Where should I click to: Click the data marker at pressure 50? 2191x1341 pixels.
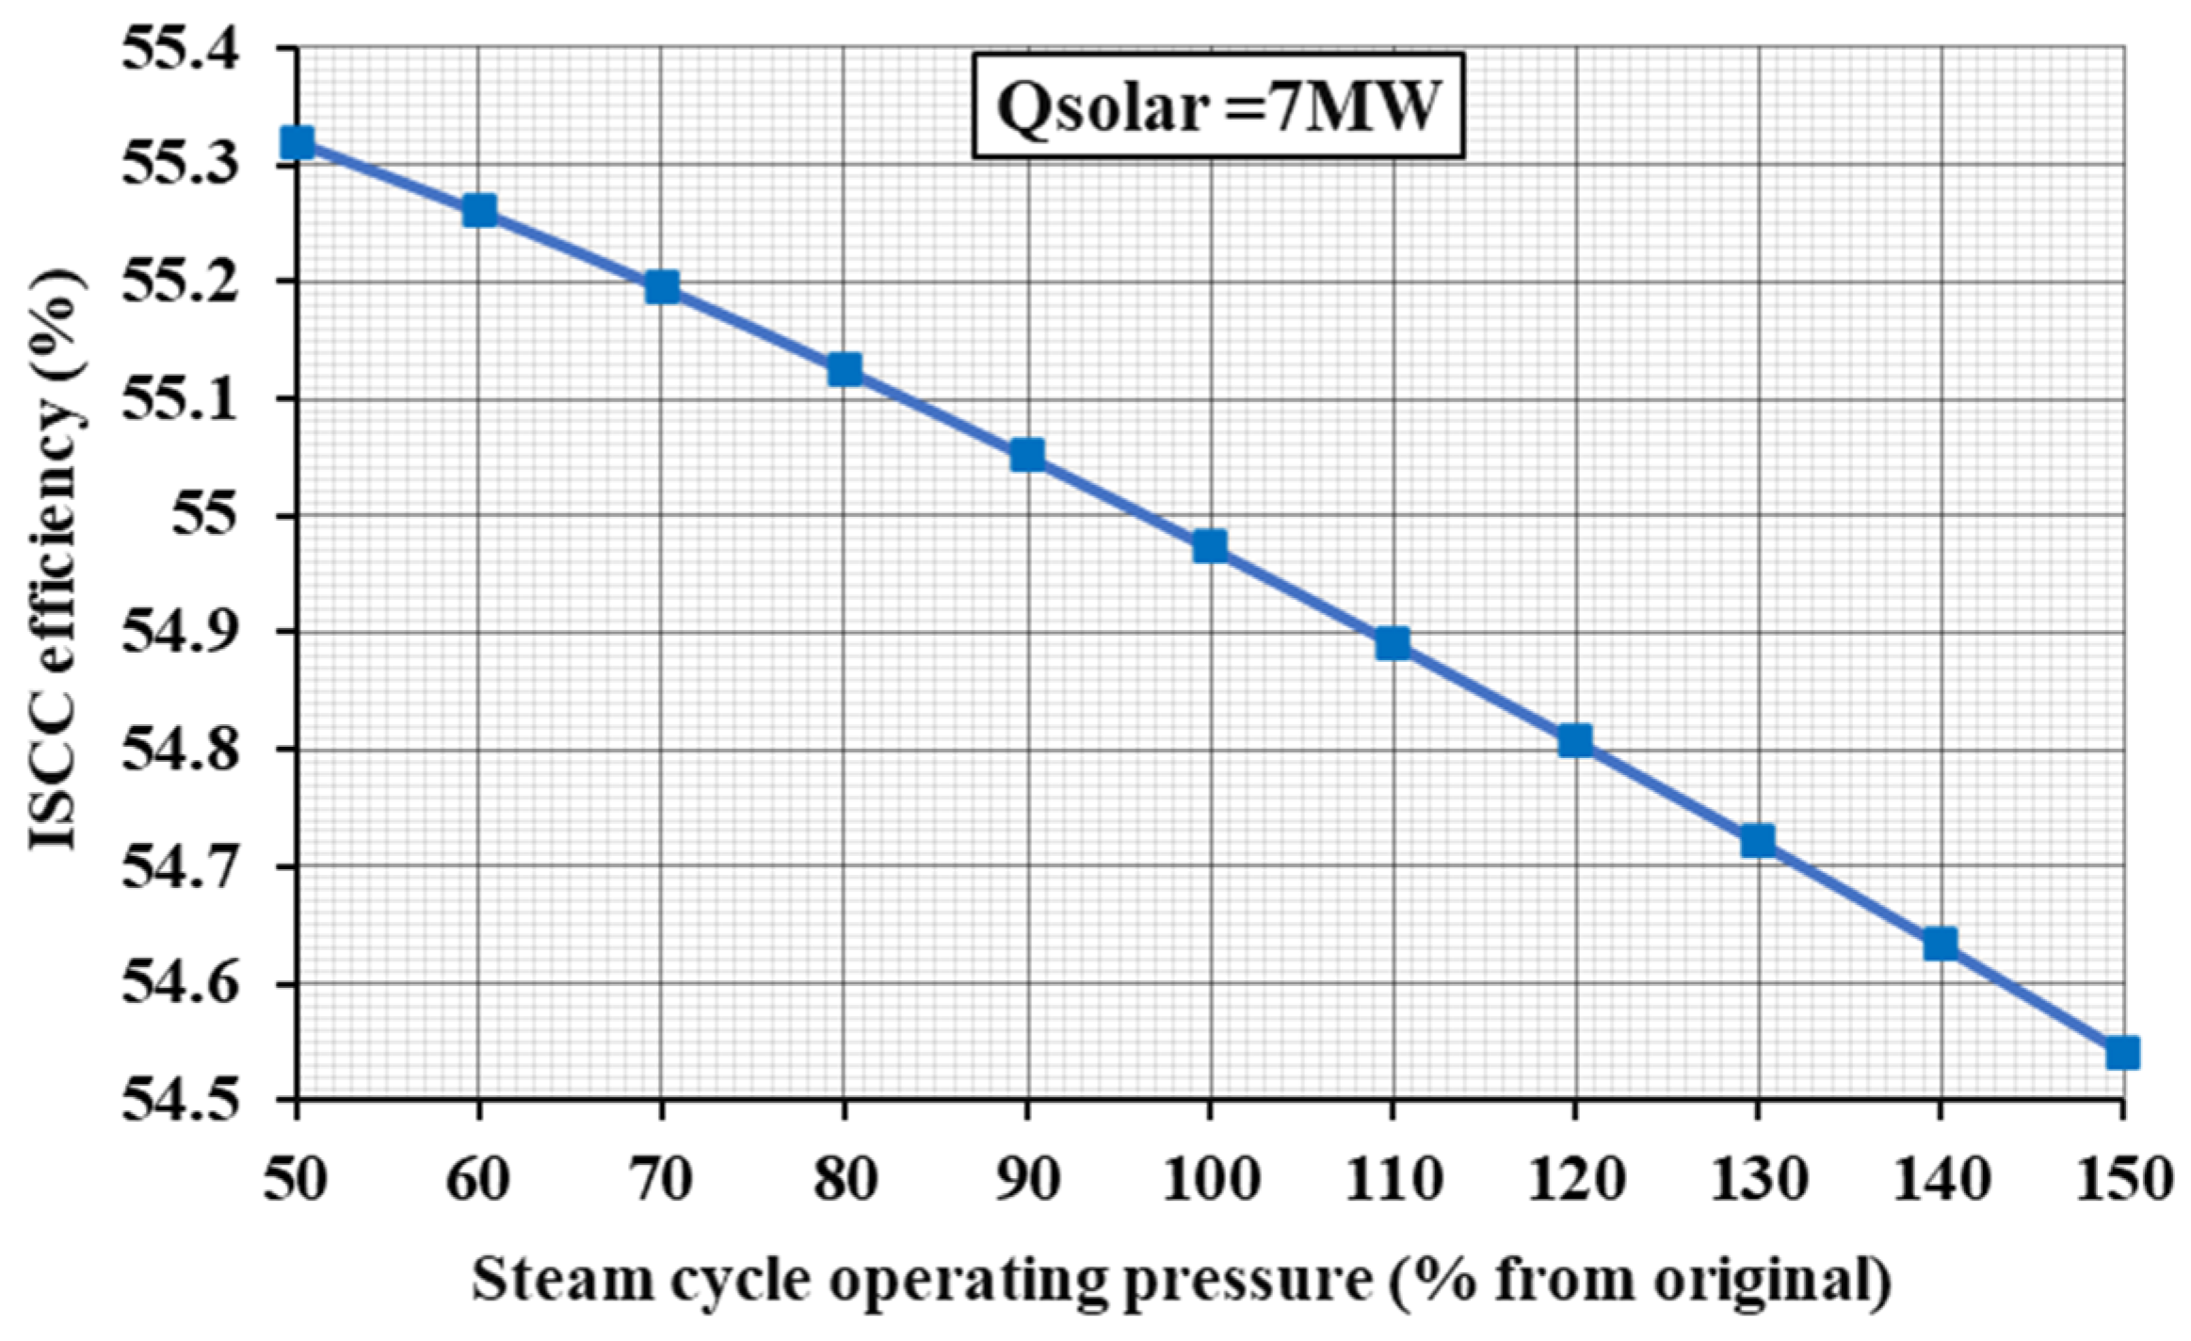point(298,143)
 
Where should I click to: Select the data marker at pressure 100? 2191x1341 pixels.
point(1210,546)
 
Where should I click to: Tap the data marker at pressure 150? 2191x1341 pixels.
point(2122,1052)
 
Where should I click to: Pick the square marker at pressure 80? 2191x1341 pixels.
point(845,369)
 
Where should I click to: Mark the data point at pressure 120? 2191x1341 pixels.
point(1575,741)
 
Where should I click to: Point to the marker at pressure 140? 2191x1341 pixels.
point(1941,944)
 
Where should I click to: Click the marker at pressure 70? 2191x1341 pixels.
point(662,287)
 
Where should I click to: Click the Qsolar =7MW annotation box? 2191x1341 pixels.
point(1218,105)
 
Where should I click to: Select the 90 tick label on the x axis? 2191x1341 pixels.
point(1027,1178)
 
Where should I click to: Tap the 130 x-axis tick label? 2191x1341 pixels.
point(1758,1178)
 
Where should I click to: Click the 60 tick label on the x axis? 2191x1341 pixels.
point(479,1178)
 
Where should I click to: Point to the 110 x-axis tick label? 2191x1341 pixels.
point(1393,1178)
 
